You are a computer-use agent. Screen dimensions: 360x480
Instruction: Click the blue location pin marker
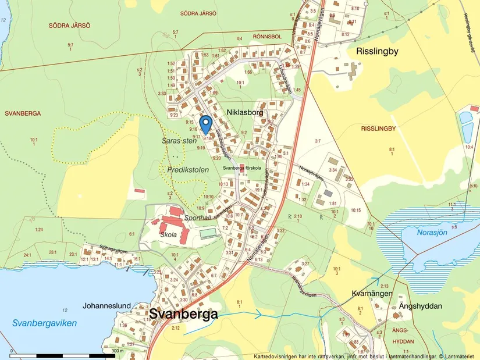[205, 124]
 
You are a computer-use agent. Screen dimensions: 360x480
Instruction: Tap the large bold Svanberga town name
[184, 315]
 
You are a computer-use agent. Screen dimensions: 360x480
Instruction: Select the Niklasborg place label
[245, 112]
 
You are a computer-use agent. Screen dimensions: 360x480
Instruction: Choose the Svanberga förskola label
[243, 168]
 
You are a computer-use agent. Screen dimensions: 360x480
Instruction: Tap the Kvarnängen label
[371, 294]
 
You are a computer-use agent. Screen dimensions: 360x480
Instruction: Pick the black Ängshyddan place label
[421, 306]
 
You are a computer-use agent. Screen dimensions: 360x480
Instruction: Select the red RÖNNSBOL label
[267, 37]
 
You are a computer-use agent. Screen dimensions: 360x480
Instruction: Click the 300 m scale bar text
[118, 351]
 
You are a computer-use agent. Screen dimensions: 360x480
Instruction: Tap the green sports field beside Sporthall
[208, 233]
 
